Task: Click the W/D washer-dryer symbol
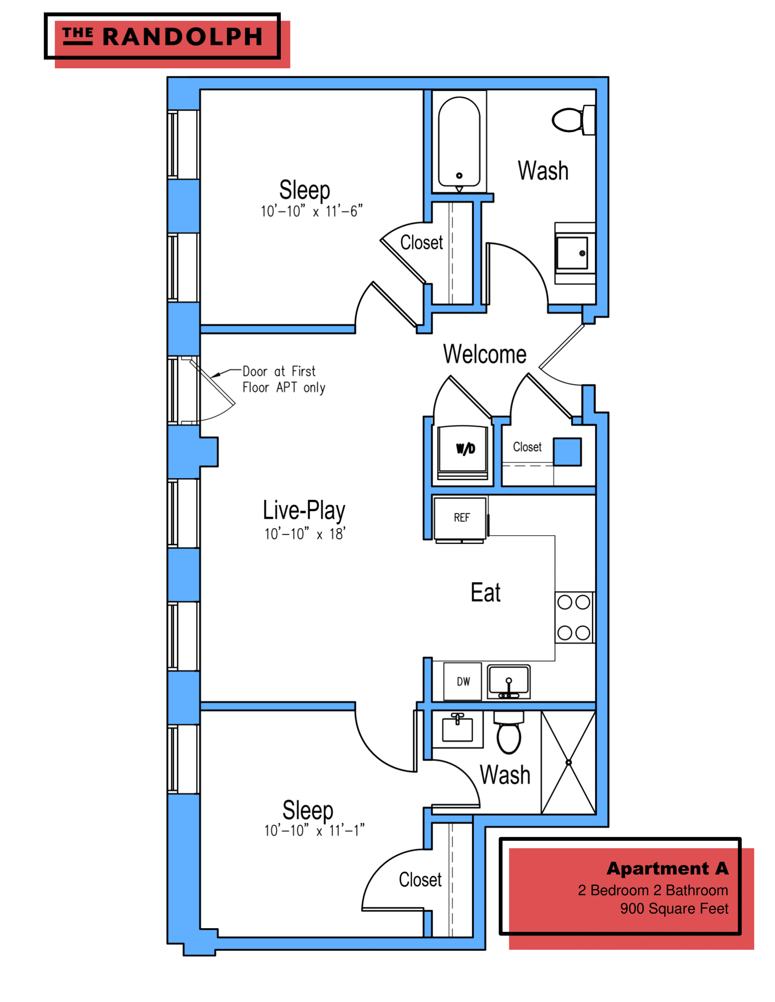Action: coord(462,451)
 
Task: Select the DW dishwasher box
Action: coord(462,681)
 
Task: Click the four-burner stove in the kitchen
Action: coord(574,618)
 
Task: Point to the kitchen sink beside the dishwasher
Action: coord(508,682)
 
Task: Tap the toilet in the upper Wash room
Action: coord(572,120)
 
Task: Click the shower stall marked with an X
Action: coord(568,762)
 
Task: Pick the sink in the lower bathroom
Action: coord(457,729)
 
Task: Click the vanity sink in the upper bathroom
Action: coord(573,253)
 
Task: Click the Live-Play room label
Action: coord(304,511)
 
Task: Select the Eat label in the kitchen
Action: coord(486,592)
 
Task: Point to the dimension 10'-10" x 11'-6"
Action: coord(311,211)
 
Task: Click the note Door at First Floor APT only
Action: coord(283,379)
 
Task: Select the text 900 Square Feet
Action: coord(673,909)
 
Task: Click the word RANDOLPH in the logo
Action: coord(182,37)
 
